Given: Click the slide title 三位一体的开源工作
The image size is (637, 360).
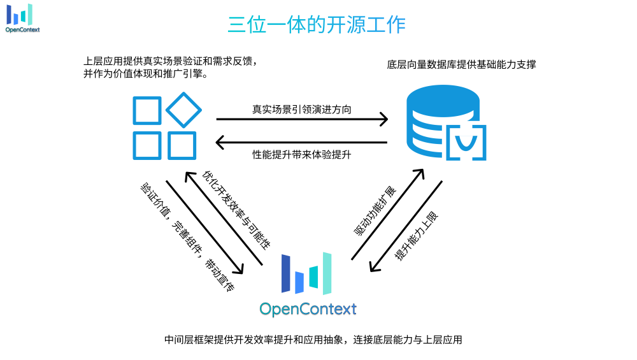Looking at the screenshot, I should (317, 24).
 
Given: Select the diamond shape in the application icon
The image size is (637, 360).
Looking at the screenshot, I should (184, 110).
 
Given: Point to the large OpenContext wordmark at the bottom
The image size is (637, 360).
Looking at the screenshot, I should (308, 309).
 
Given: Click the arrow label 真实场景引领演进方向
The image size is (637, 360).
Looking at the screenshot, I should (301, 109).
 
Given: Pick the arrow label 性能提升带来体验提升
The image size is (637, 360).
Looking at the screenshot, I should (301, 155).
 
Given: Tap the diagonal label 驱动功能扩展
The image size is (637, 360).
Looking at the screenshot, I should (375, 212).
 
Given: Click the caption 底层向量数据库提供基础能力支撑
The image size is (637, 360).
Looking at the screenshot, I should (461, 64).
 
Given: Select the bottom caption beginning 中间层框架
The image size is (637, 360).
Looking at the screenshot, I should (313, 340).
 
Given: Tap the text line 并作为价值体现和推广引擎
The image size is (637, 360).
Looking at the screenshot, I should (148, 74).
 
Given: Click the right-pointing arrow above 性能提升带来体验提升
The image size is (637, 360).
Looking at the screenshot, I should (302, 119).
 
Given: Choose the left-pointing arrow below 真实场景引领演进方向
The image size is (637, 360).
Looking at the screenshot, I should (302, 143).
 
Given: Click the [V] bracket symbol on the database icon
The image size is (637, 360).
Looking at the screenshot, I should (465, 141).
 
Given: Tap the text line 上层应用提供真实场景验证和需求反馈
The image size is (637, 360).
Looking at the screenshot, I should (170, 61).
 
